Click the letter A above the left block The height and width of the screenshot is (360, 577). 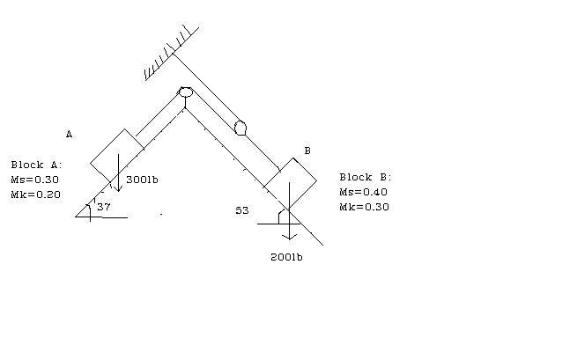click(x=70, y=134)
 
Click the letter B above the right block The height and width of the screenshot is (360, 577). click(x=307, y=151)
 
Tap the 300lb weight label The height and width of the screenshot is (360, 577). click(x=142, y=180)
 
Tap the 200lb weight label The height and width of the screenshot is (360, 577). click(x=286, y=257)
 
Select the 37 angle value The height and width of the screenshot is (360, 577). click(x=104, y=207)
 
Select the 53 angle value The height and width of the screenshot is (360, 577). click(x=242, y=210)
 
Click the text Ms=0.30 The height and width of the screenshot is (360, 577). click(x=34, y=180)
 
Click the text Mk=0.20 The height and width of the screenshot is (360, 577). click(x=36, y=195)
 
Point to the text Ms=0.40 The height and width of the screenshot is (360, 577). click(x=363, y=192)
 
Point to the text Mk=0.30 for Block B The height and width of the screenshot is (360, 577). click(x=365, y=207)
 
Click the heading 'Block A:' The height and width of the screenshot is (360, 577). click(x=36, y=165)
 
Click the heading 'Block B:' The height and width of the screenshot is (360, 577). click(x=366, y=177)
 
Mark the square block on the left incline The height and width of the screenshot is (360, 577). click(x=117, y=156)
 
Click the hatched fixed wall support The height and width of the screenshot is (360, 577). click(x=172, y=53)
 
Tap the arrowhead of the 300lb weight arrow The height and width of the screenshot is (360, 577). click(x=118, y=188)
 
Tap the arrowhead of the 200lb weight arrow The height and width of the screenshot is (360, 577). click(x=290, y=237)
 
